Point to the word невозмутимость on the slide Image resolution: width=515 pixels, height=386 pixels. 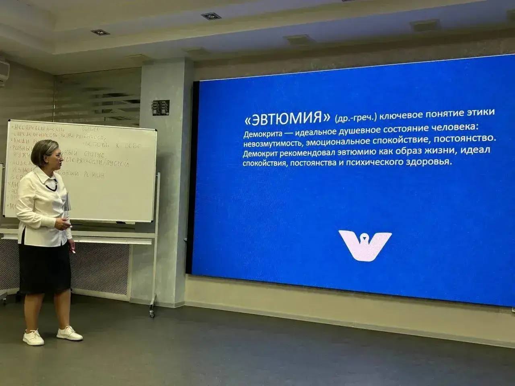coord(272,144)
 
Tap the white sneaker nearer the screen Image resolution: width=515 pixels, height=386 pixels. coord(69,333)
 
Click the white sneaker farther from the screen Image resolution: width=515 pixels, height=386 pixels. coord(33,338)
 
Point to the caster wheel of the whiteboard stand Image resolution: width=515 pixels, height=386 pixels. coord(152,312)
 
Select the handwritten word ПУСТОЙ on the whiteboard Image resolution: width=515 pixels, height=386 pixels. coord(119,164)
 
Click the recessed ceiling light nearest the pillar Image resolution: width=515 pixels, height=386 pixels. coord(210,16)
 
